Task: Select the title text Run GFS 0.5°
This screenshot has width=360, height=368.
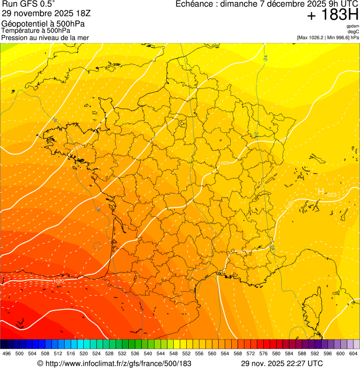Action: click(x=29, y=4)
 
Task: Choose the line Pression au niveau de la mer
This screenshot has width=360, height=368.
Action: click(x=45, y=37)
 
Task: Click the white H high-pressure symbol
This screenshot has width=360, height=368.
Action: click(x=321, y=191)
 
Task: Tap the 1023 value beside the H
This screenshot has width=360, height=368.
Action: click(x=331, y=194)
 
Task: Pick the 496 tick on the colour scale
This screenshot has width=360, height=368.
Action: click(x=7, y=353)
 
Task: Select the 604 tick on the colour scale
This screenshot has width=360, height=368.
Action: click(x=353, y=353)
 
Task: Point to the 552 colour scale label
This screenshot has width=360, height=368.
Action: click(x=186, y=353)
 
